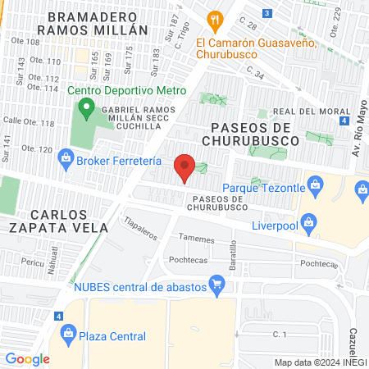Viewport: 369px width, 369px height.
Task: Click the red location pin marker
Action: (184, 167)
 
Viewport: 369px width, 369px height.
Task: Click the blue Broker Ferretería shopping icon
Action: (67, 161)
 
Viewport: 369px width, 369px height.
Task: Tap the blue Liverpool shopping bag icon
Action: (307, 220)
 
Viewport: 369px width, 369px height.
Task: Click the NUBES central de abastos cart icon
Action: (216, 285)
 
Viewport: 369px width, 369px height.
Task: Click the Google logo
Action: (27, 358)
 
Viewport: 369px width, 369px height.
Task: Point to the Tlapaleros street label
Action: (140, 228)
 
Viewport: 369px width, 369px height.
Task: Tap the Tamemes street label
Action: (197, 239)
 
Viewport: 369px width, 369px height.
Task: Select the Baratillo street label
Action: (233, 256)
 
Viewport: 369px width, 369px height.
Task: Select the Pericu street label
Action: (33, 262)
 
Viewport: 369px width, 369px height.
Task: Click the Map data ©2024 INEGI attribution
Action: (320, 362)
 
